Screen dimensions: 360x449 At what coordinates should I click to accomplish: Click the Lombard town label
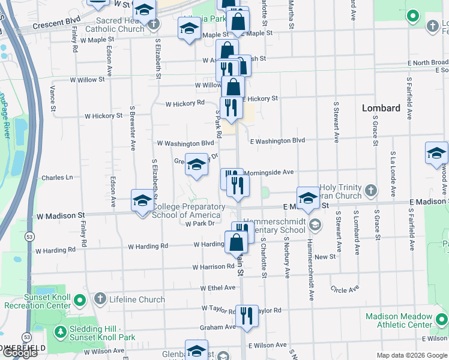(381, 108)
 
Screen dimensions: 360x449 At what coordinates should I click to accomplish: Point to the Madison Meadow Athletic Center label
(399, 320)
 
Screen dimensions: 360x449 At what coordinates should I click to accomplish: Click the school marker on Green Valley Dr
(196, 164)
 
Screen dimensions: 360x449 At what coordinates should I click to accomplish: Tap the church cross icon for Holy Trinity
(371, 191)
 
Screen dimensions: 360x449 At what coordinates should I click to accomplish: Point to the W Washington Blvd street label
(185, 143)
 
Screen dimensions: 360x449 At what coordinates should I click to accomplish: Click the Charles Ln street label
(57, 178)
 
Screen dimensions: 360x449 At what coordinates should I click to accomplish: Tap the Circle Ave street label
(345, 289)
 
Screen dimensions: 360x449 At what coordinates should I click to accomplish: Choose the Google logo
(20, 353)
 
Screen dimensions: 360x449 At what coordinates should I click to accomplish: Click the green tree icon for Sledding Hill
(60, 331)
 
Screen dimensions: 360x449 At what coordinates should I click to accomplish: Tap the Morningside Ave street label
(268, 172)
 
